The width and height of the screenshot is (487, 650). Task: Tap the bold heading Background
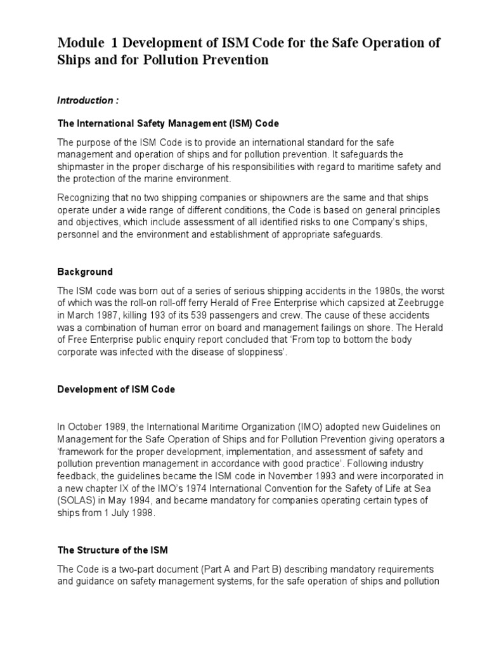point(85,272)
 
